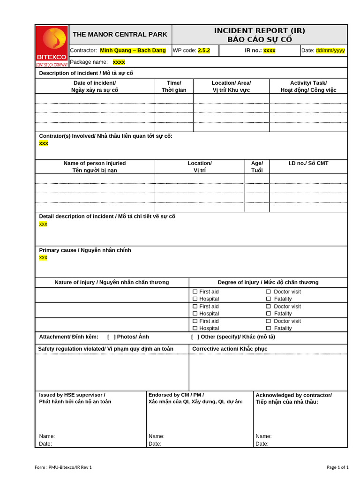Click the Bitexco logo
pyautogui.click(x=52, y=46)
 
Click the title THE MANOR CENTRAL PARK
pyautogui.click(x=120, y=34)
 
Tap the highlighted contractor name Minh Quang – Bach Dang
pyautogui.click(x=133, y=50)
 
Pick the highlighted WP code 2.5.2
pyautogui.click(x=204, y=50)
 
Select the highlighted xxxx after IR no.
pyautogui.click(x=270, y=50)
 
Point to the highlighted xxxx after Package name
pyautogui.click(x=119, y=62)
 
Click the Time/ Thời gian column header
pyautogui.click(x=174, y=86)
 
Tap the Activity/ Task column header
pyautogui.click(x=308, y=86)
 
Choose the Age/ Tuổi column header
pyautogui.click(x=257, y=166)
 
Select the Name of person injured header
pyautogui.click(x=95, y=166)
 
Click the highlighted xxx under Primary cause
pyautogui.click(x=43, y=258)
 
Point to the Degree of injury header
pyautogui.click(x=268, y=282)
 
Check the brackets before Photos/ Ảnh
pyautogui.click(x=112, y=337)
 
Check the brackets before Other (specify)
pyautogui.click(x=195, y=337)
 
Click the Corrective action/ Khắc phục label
pyautogui.click(x=230, y=349)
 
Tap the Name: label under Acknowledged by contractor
pyautogui.click(x=263, y=436)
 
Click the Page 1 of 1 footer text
pyautogui.click(x=337, y=467)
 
